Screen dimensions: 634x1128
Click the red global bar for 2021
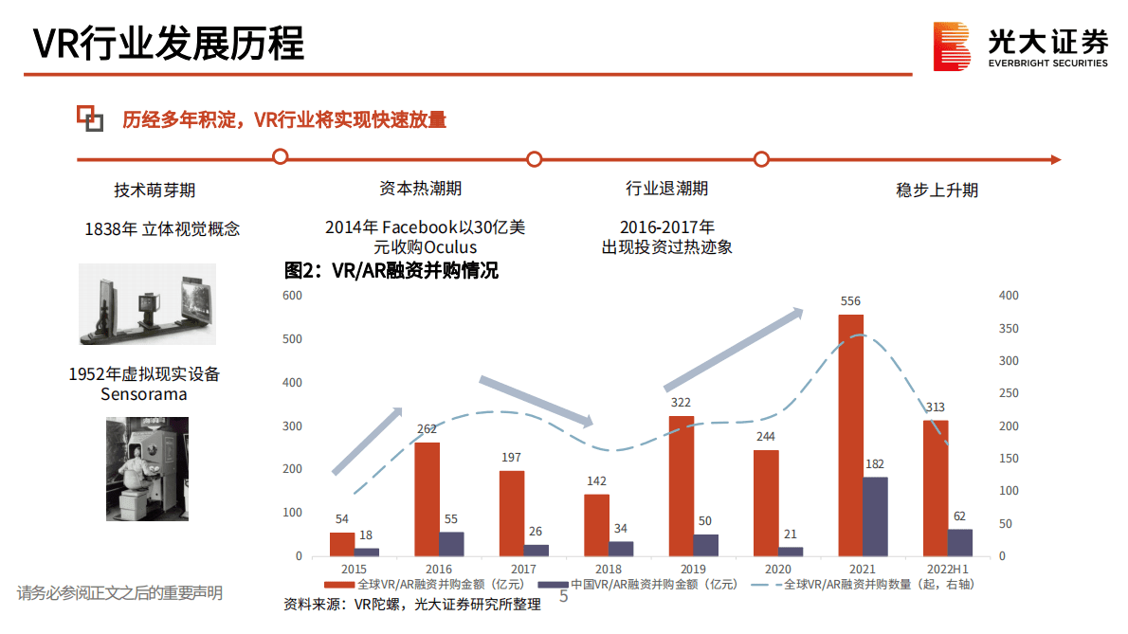(850, 435)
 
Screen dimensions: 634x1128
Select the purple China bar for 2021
(875, 516)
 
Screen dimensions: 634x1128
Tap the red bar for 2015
(342, 544)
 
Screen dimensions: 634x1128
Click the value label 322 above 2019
(680, 403)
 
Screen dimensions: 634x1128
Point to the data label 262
(427, 429)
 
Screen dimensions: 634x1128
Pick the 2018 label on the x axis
(609, 569)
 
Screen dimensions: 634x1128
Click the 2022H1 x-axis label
(947, 569)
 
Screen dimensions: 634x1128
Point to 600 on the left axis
(292, 296)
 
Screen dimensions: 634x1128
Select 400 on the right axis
(1009, 296)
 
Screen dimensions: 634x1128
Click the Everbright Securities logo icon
(952, 46)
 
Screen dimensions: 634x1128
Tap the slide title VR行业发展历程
(169, 44)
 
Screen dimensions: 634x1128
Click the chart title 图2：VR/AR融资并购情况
(391, 271)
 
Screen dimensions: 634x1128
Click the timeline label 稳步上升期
(937, 190)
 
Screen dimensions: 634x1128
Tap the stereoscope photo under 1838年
(147, 304)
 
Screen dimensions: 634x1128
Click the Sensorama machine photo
(146, 468)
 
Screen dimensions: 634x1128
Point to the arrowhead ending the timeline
(1053, 159)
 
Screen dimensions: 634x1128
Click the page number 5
(564, 597)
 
